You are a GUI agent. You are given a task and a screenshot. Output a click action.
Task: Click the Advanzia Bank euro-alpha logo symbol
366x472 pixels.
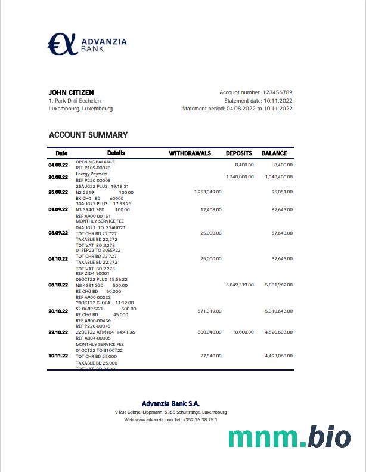pos(63,44)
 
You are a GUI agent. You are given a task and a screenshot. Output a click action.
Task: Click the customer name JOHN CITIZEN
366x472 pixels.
pos(71,92)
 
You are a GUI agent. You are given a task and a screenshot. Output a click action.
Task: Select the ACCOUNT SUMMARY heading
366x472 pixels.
pos(88,135)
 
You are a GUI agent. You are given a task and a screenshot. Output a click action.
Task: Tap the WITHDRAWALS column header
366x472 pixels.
pos(190,153)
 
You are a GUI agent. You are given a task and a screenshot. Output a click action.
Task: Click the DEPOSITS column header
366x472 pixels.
pos(238,153)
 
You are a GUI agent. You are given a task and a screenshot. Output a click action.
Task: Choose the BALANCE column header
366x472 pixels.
pos(274,153)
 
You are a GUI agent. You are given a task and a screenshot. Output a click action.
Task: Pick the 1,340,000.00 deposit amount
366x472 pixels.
pos(240,177)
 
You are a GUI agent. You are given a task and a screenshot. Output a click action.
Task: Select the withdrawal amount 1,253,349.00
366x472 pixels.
pos(207,192)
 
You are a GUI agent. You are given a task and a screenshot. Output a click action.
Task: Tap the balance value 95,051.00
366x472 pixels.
pos(282,192)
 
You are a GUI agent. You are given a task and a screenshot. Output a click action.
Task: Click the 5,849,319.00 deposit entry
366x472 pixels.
pos(240,285)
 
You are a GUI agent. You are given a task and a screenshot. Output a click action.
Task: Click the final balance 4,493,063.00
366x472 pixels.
pos(278,356)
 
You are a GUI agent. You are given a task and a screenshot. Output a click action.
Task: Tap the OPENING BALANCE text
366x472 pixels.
pos(95,162)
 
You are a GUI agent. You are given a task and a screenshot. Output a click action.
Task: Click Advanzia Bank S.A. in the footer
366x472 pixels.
pos(170,404)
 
